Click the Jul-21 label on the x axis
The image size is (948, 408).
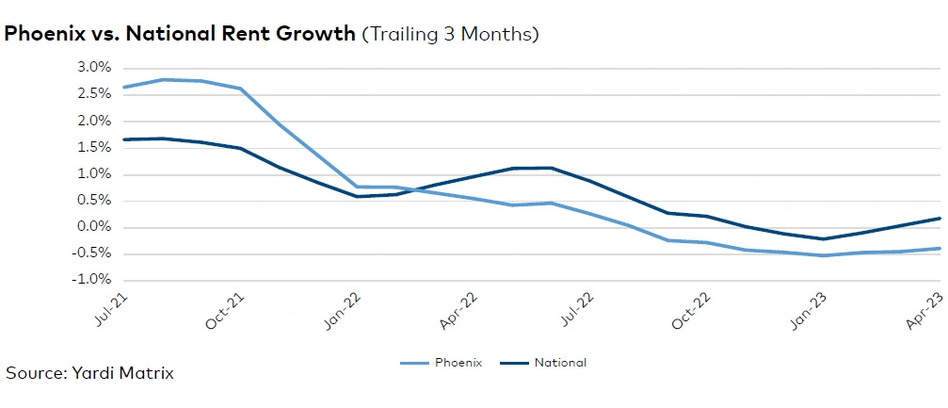110,309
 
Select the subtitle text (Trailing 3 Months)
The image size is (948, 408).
450,34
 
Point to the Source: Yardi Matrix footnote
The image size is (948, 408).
89,373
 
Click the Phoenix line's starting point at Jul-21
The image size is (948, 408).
123,87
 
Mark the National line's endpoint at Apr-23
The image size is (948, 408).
940,219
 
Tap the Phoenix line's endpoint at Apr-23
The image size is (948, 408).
940,249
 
